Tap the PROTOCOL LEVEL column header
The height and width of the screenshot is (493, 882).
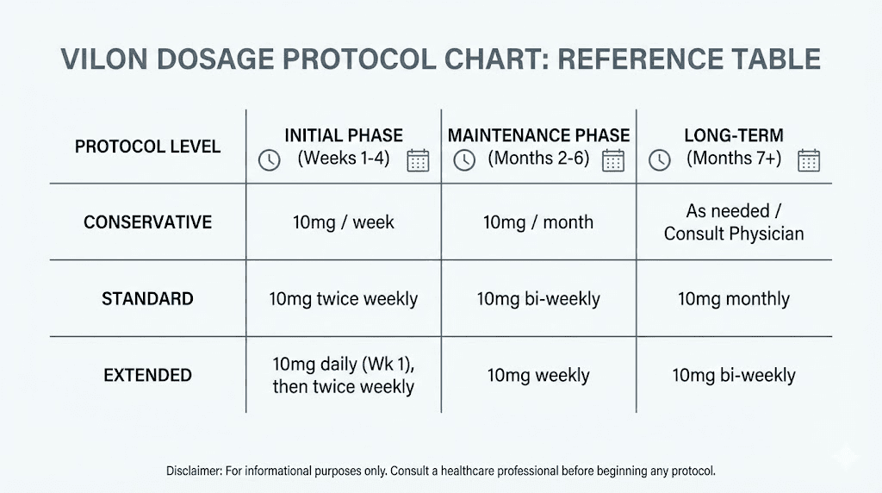(x=147, y=147)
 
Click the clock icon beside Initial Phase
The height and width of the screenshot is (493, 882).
(x=270, y=160)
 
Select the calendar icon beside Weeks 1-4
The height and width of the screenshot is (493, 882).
(x=418, y=160)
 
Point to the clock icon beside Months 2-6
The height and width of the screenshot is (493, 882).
(x=464, y=160)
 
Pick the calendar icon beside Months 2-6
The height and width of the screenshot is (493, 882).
(x=613, y=160)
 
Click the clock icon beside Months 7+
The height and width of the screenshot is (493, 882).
(x=660, y=160)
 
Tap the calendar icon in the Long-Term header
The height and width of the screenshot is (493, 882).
(x=809, y=160)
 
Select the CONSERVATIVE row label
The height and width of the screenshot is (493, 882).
(x=147, y=222)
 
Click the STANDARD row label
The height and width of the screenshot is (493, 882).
(x=147, y=299)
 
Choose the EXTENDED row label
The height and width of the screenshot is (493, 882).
(x=147, y=375)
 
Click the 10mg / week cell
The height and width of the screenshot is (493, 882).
(x=344, y=222)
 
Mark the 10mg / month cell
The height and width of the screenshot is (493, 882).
(x=538, y=222)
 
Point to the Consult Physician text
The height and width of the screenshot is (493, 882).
(x=734, y=234)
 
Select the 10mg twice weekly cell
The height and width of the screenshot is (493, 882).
(x=344, y=299)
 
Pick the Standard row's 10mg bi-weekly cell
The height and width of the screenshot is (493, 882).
(x=538, y=299)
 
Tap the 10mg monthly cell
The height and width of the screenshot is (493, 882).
(x=734, y=299)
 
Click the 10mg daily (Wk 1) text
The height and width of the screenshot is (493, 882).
(x=344, y=364)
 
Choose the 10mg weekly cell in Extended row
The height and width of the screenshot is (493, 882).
(x=538, y=375)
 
